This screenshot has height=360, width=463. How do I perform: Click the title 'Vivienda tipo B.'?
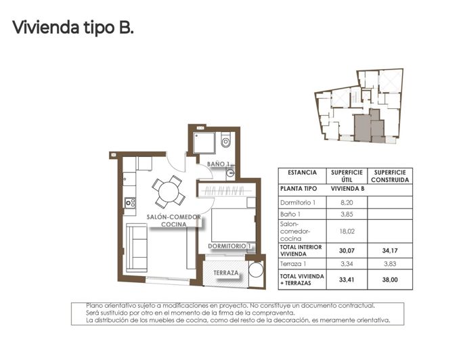[x=73, y=28]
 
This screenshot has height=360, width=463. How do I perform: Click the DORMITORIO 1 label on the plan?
[x=230, y=246]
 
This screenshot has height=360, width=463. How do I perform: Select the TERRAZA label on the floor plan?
[x=225, y=273]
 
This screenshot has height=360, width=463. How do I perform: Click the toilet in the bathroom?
[x=226, y=141]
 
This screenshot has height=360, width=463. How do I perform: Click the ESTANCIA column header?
[x=301, y=173]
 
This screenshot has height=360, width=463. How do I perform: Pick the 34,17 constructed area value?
[x=390, y=250]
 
